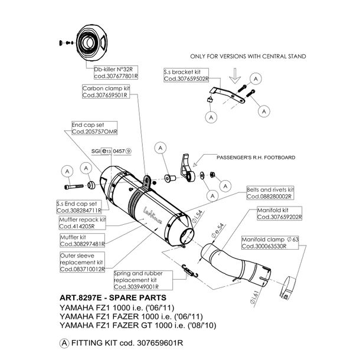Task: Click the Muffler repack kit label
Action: click(x=82, y=222)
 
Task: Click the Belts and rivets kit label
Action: click(x=271, y=192)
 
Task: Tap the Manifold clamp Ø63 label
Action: click(x=271, y=243)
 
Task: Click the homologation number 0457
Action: click(x=118, y=150)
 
